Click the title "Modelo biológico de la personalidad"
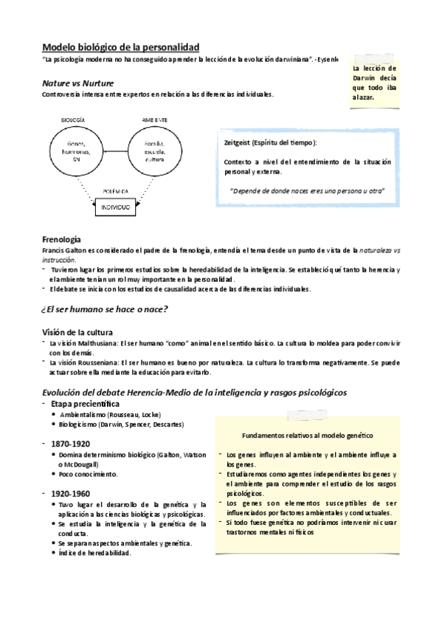point(120,47)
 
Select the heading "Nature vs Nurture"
point(77,83)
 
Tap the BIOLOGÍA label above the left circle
point(72,120)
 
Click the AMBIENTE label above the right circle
point(154,120)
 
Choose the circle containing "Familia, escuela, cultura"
point(154,151)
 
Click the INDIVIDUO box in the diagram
point(114,207)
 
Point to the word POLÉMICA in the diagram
point(116,191)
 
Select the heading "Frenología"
point(62,240)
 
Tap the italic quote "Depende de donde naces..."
point(308,190)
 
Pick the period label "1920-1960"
point(71,492)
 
